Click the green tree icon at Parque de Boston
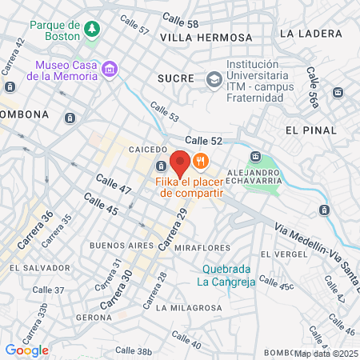[x=93, y=30]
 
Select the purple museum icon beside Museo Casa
[x=110, y=70]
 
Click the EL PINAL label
[x=307, y=128]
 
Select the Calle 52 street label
[x=206, y=140]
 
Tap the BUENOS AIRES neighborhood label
[x=117, y=244]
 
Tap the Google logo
[x=26, y=350]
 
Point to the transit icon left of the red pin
[x=162, y=166]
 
